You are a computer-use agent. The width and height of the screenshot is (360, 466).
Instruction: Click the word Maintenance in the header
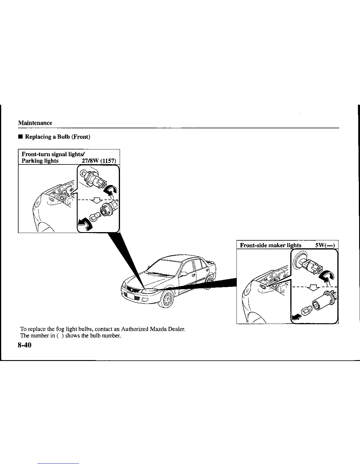[x=35, y=123]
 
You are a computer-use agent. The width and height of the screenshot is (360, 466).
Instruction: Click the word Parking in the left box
[x=31, y=161]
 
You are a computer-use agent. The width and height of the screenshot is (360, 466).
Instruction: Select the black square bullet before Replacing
[x=20, y=137]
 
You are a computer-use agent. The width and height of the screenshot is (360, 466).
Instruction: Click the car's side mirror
[x=184, y=274]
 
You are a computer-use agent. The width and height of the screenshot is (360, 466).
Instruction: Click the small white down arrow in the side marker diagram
[x=314, y=287]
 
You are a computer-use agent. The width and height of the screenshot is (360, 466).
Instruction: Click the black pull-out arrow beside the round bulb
[x=84, y=225]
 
